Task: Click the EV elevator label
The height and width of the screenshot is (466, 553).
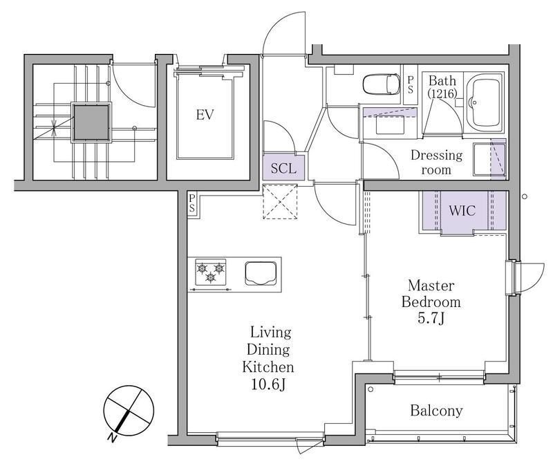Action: pos(205,115)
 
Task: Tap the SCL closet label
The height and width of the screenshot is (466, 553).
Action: pos(283,168)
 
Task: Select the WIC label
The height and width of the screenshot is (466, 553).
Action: pos(462,211)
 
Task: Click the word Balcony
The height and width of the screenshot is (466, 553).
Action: pos(436,411)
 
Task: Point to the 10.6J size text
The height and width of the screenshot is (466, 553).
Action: pos(268,384)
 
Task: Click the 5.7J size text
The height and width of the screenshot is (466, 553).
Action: pos(431,319)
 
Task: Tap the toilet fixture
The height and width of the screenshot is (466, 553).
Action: pos(381,84)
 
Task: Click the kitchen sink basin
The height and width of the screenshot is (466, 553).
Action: pos(261,272)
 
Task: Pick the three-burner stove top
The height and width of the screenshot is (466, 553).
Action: pos(211,272)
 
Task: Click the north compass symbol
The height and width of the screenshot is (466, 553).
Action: pos(128,411)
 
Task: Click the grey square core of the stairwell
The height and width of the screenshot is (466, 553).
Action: pos(91,123)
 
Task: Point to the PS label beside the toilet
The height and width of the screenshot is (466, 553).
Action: pos(410,85)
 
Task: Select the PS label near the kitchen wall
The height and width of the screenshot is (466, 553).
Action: pos(191,204)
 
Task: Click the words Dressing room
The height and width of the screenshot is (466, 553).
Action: pos(436,162)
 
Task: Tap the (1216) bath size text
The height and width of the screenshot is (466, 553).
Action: pos(442,93)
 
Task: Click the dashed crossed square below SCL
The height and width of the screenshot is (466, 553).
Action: pos(280,202)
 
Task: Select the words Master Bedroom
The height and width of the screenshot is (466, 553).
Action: pos(431,294)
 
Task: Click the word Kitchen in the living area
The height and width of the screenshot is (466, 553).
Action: pos(268,367)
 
